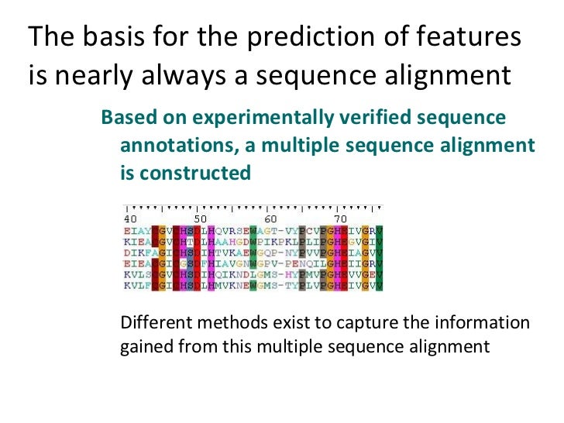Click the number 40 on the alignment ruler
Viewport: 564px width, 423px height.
pos(131,219)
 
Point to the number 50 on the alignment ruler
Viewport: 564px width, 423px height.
pos(199,219)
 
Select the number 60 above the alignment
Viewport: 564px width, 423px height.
pos(270,219)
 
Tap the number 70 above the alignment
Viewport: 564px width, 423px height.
pos(339,219)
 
